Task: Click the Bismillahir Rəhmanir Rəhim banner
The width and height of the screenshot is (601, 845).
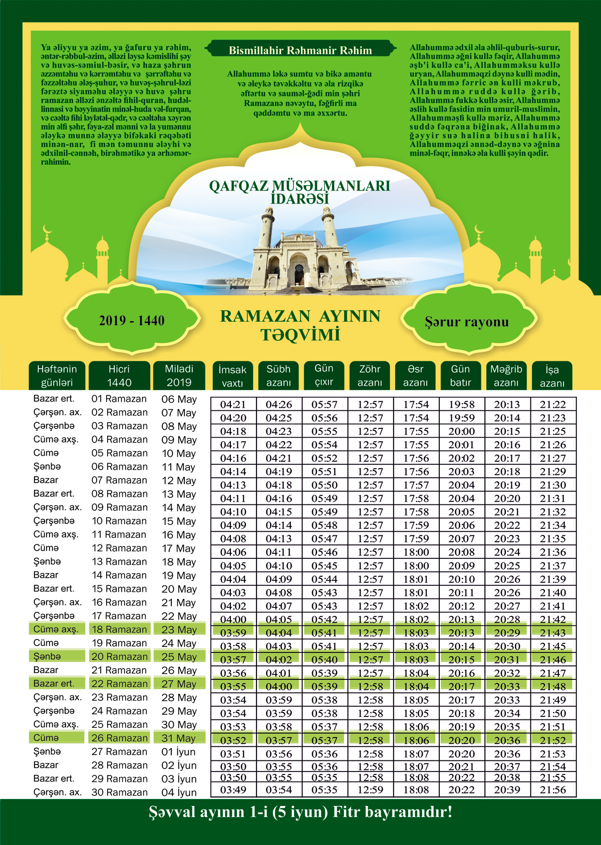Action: [300, 50]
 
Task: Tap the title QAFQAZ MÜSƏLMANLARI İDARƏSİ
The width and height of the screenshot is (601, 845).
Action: [299, 192]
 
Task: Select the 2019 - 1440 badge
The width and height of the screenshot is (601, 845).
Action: [132, 321]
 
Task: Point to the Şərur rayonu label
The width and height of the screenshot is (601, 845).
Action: [467, 322]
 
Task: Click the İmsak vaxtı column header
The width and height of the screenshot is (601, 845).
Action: [232, 376]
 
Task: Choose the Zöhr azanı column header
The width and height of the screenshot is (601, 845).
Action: [370, 375]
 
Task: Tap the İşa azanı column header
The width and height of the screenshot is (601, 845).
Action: [552, 376]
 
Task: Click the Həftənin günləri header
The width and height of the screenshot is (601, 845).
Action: [57, 375]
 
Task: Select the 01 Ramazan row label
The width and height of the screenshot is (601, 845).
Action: [119, 399]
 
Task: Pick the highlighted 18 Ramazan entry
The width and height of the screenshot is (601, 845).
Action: [119, 629]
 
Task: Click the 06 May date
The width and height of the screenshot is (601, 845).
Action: [179, 399]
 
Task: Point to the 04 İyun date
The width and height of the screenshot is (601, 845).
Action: [179, 792]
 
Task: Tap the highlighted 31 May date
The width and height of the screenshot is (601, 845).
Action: [179, 738]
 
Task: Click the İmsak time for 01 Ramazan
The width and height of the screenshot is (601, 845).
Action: [233, 405]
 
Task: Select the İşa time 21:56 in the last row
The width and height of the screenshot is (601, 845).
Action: [553, 790]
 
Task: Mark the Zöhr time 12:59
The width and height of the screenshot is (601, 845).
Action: [370, 790]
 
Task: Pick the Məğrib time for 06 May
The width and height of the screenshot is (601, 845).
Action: [507, 405]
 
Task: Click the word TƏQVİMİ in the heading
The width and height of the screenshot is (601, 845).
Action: [300, 335]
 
